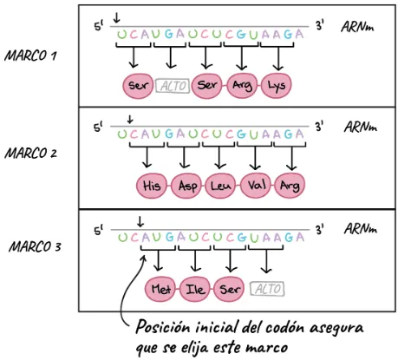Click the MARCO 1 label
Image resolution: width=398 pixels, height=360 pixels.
tap(30, 56)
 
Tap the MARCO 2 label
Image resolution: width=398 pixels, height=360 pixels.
tap(30, 153)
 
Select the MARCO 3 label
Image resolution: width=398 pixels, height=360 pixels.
tap(35, 247)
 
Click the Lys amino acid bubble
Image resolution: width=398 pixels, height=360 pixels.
tap(277, 85)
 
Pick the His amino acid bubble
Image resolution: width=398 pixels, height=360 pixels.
tap(152, 186)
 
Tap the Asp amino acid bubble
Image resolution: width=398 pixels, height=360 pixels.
tap(186, 186)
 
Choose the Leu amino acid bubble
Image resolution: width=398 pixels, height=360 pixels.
tap(221, 186)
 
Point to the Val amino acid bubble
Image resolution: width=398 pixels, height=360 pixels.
tap(256, 186)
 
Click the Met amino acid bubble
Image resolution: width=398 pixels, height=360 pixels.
tap(160, 289)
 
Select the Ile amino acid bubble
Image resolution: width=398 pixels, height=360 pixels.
tap(195, 289)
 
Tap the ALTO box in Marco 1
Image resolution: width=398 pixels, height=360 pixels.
tap(173, 86)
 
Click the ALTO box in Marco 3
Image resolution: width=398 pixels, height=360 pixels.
tap(267, 289)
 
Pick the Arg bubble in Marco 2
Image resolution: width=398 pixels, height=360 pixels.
tap(290, 186)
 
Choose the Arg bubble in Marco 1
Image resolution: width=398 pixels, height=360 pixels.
tap(242, 85)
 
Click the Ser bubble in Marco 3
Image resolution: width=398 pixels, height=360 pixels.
tap(230, 289)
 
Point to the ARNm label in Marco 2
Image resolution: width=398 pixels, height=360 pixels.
tap(361, 127)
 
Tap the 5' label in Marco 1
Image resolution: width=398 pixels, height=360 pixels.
tap(99, 27)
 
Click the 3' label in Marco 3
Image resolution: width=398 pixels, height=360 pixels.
tap(319, 230)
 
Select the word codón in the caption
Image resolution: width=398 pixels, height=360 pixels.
tap(284, 328)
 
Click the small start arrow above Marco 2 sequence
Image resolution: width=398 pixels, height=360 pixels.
tap(130, 119)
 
